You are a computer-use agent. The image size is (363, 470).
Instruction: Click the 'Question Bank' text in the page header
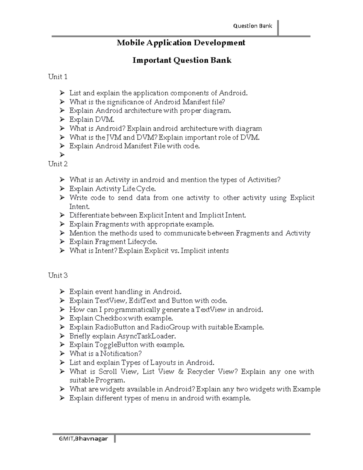[252, 26]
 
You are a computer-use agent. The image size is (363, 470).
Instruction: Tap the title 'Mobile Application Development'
[181, 43]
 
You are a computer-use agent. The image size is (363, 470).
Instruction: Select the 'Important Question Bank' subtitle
[182, 60]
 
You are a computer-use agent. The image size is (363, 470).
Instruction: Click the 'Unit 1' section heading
[57, 77]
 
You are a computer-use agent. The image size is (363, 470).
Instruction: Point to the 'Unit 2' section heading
[58, 164]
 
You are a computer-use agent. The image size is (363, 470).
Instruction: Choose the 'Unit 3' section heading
[58, 275]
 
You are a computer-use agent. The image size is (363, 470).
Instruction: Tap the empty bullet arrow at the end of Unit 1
[62, 155]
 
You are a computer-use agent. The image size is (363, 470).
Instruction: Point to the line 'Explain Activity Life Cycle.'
[113, 189]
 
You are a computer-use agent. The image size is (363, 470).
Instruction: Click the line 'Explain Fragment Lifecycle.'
[113, 242]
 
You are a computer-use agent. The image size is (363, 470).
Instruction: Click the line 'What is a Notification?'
[105, 354]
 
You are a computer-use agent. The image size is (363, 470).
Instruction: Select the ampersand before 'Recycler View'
[181, 372]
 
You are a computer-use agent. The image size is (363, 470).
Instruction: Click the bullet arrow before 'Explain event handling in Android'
[62, 292]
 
